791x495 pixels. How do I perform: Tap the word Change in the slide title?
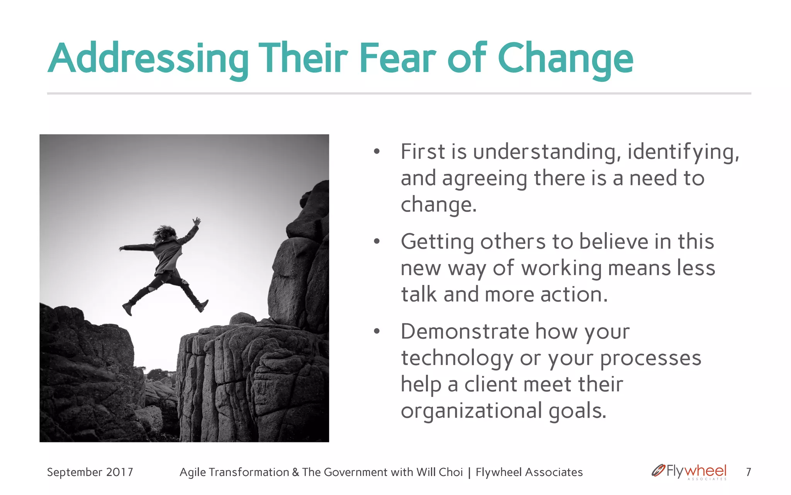tap(565, 59)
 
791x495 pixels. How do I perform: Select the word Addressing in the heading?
tap(148, 59)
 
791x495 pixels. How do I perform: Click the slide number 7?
tap(748, 472)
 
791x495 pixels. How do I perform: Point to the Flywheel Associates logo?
tap(689, 471)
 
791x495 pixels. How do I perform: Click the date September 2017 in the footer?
tap(90, 472)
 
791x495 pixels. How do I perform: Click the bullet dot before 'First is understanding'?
tap(377, 152)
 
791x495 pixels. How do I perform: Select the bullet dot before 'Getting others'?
tap(377, 242)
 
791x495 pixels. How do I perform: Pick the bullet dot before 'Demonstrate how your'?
tap(377, 332)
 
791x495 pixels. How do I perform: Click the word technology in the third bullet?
tap(457, 358)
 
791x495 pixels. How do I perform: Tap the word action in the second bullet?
tap(574, 295)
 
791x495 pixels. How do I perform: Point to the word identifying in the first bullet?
tap(683, 152)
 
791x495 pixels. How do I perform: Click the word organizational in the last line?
tap(471, 411)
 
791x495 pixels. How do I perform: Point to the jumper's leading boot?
tap(202, 306)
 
